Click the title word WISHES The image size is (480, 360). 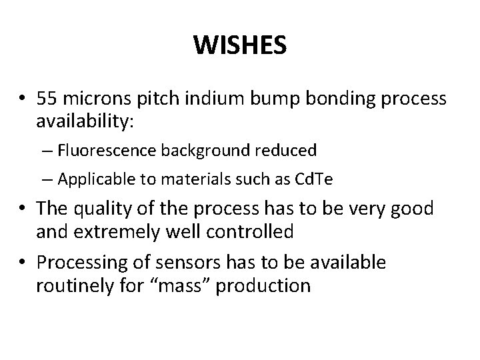pos(240,47)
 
